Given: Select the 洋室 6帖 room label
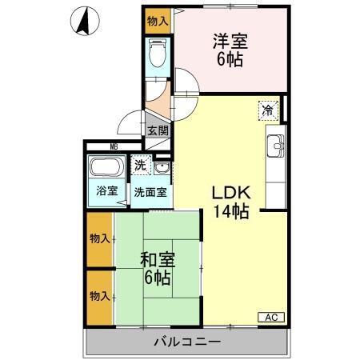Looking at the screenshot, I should point(230,50).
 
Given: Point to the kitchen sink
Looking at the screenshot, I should point(275,146).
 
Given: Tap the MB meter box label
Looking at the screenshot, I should point(113,146).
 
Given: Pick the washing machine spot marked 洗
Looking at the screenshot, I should point(141,166).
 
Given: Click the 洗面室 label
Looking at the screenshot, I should point(150,192).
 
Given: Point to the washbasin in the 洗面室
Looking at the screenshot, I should point(162,168).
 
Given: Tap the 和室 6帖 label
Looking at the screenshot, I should point(157,269).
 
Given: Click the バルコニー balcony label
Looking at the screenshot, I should point(187,343).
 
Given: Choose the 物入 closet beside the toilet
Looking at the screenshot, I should point(158,21).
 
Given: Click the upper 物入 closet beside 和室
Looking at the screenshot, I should point(100,238).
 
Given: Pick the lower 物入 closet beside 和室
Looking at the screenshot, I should point(100,296).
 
